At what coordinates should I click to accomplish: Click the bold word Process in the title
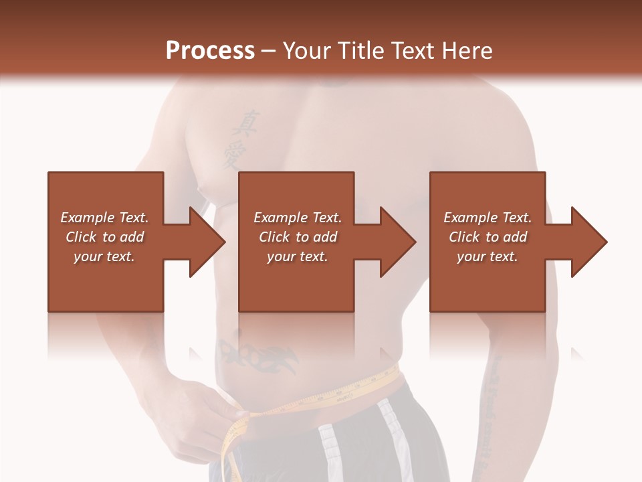pos(210,50)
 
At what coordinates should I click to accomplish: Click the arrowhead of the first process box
pos(205,242)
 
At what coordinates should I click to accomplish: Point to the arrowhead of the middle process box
pos(396,242)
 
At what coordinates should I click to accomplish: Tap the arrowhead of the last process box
pos(587,242)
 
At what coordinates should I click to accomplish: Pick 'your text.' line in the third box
pos(488,256)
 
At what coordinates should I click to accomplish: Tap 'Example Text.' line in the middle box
pos(297,218)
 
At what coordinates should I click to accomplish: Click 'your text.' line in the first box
pos(104,256)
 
